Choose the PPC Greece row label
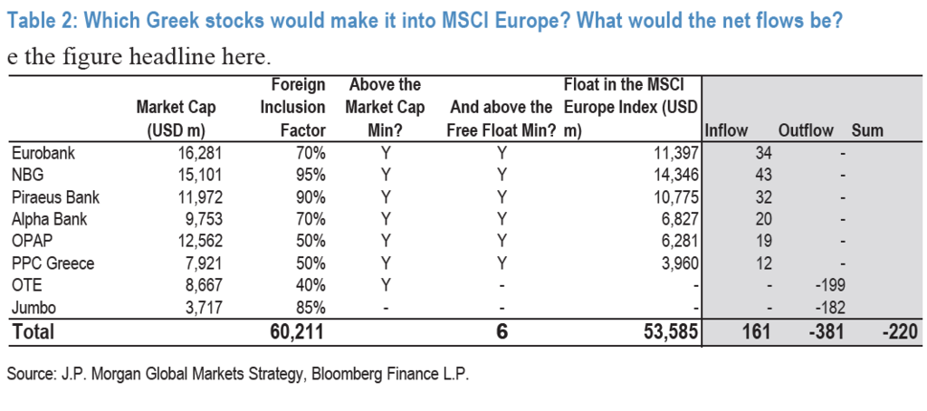(53, 263)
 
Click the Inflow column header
(726, 130)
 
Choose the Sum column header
(867, 130)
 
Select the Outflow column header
(805, 130)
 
